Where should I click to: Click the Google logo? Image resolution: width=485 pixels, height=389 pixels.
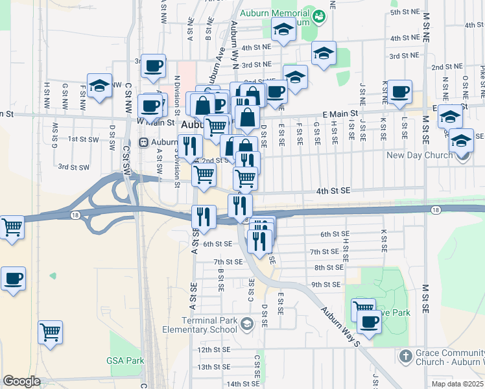point(21,381)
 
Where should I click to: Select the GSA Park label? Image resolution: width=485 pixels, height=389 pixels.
point(124,360)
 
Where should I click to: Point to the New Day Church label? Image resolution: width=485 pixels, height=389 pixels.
point(429,156)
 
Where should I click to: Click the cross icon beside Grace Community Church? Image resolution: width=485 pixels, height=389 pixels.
point(405,356)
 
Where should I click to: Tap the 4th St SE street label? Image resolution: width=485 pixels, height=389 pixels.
point(333,191)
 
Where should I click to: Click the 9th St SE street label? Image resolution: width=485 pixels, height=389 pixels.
point(325,285)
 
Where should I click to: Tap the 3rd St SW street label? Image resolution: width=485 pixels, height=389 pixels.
point(73,167)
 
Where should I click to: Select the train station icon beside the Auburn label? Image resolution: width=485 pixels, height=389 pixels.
point(143,143)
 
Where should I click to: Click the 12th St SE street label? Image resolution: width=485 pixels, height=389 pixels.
point(213,349)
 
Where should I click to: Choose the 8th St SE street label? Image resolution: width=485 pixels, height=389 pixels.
point(329,267)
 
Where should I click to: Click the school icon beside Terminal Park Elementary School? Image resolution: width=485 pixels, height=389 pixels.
point(246,323)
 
